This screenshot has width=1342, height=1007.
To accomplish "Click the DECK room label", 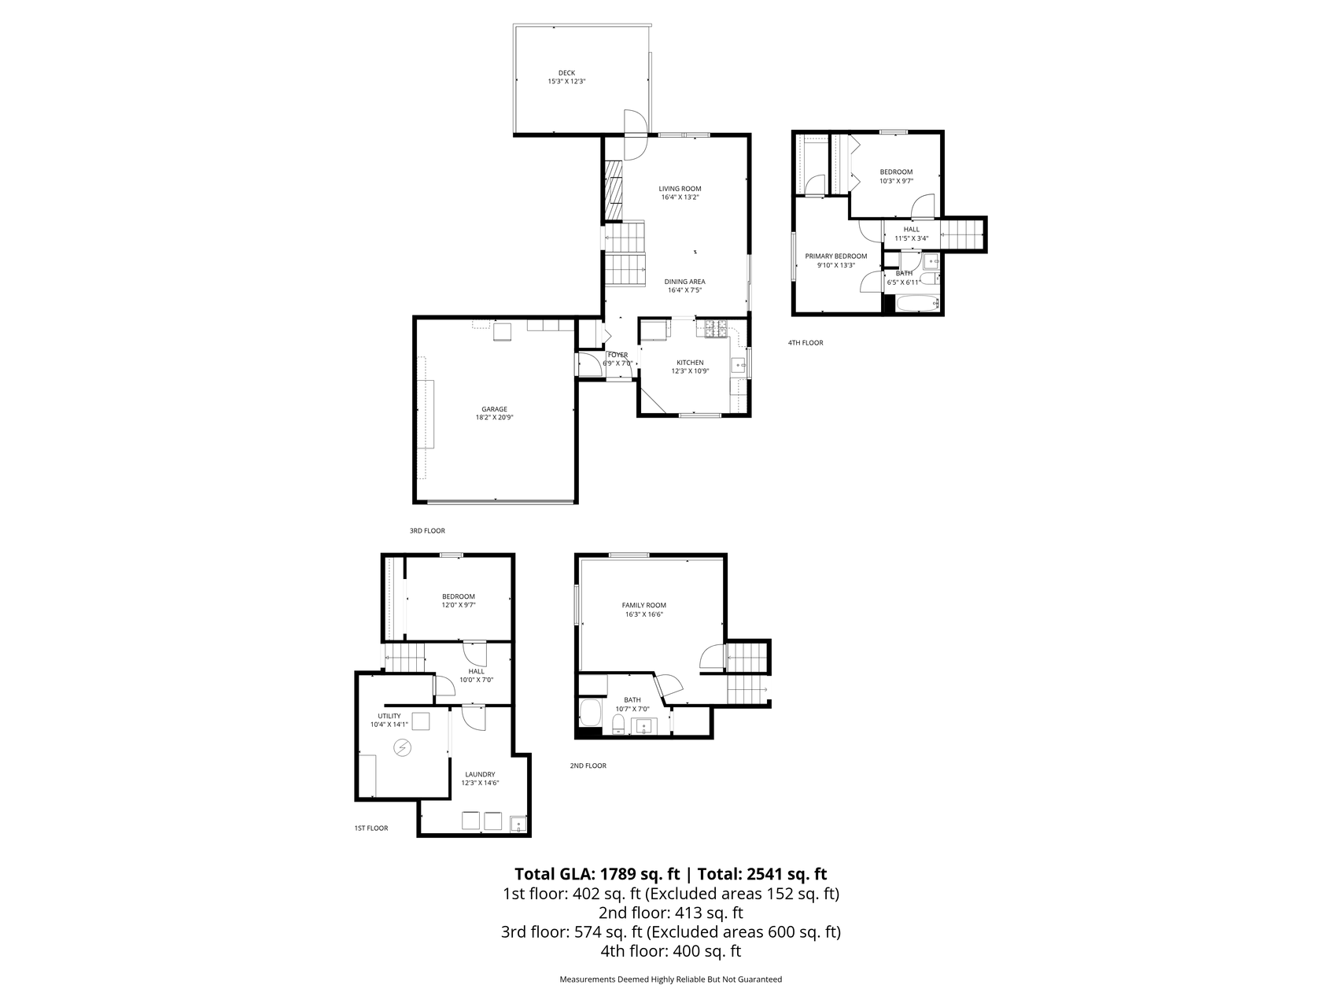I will click(566, 73).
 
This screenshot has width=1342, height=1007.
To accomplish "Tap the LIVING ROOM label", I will click(680, 189).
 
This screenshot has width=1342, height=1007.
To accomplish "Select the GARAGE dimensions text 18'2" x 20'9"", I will click(494, 418).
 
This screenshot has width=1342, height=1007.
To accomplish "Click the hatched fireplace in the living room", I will click(613, 191).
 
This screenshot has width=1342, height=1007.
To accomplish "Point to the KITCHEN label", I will click(690, 363).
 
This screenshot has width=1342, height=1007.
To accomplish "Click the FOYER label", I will click(618, 355).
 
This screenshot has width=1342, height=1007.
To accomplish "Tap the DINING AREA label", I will click(684, 282).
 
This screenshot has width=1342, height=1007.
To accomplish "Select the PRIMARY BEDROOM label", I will click(835, 256).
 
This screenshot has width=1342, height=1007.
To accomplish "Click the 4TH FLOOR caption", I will click(806, 343).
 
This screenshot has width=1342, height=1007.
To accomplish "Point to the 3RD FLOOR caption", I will click(427, 531).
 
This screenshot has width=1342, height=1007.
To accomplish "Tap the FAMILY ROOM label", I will click(644, 606).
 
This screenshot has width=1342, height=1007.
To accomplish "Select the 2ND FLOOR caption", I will click(588, 765).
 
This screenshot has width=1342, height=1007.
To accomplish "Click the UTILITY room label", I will click(389, 716).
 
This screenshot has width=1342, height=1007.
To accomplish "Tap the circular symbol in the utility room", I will click(403, 747).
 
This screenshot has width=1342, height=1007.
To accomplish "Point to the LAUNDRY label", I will click(480, 774).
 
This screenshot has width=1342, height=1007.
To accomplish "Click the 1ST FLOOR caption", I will click(371, 828).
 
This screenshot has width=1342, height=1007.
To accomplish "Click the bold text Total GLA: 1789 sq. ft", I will click(597, 874).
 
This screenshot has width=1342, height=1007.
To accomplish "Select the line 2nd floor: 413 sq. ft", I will click(671, 913).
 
